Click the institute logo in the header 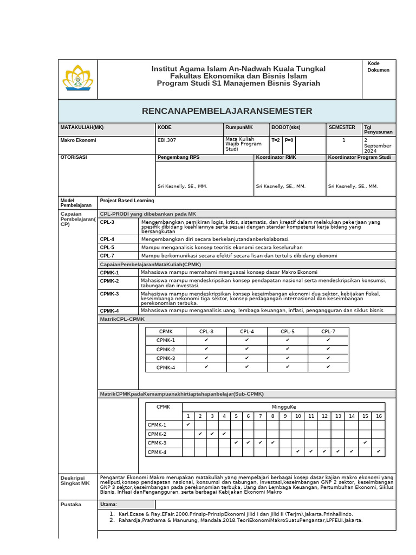[x=77, y=79]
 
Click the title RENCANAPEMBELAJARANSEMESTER [x=227, y=111]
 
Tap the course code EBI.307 [x=167, y=140]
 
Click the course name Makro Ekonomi [x=78, y=140]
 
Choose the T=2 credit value [x=275, y=140]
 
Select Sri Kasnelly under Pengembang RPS [x=183, y=186]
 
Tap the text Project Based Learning [x=127, y=201]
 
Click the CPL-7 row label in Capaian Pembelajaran [x=107, y=255]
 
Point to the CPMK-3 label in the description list [x=109, y=294]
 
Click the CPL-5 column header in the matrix [x=288, y=331]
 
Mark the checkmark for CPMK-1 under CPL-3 [x=206, y=340]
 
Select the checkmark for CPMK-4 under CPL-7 [x=328, y=367]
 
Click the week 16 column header [x=379, y=416]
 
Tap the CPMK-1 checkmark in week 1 [x=188, y=425]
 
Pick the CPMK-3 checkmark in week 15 [x=366, y=443]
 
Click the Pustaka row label [x=70, y=505]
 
